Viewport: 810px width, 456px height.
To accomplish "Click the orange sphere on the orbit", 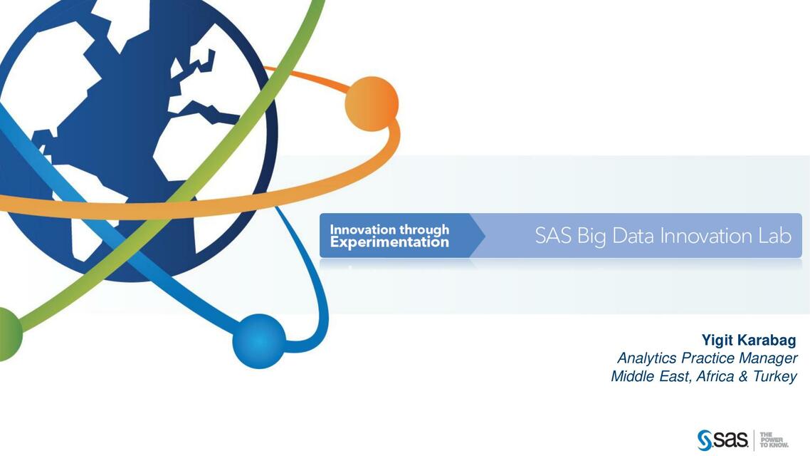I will [x=372, y=103].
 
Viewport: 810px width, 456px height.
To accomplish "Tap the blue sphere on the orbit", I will [x=259, y=341].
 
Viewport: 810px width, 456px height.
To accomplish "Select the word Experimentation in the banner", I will [x=389, y=243].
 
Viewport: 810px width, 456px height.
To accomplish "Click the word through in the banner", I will [x=424, y=229].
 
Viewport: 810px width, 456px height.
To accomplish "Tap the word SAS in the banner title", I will [x=553, y=236].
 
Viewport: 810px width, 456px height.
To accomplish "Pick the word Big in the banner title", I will [x=591, y=237].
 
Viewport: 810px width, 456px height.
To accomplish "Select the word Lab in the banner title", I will [x=774, y=236].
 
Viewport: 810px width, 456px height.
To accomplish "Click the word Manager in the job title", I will [x=768, y=358].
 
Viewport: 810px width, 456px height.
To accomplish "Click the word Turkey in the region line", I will [x=775, y=376].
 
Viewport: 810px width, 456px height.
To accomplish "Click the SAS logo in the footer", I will [x=722, y=440].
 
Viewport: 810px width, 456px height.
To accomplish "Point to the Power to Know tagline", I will [x=774, y=440].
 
